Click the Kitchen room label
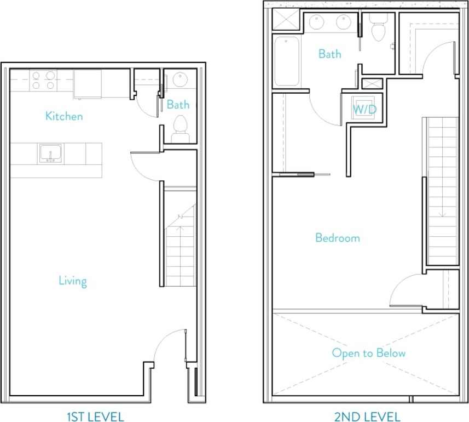coord(64,116)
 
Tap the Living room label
coord(73,281)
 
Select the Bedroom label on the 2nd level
coord(338,238)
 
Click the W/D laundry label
coord(364,109)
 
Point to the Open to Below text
coord(369,353)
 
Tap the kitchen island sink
coord(50,153)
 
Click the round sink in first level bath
coord(180,80)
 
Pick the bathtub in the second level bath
coord(287,61)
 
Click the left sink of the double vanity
coord(317,22)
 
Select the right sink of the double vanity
coord(344,22)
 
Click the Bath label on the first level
coord(178,104)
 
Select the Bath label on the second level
coord(329,54)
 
